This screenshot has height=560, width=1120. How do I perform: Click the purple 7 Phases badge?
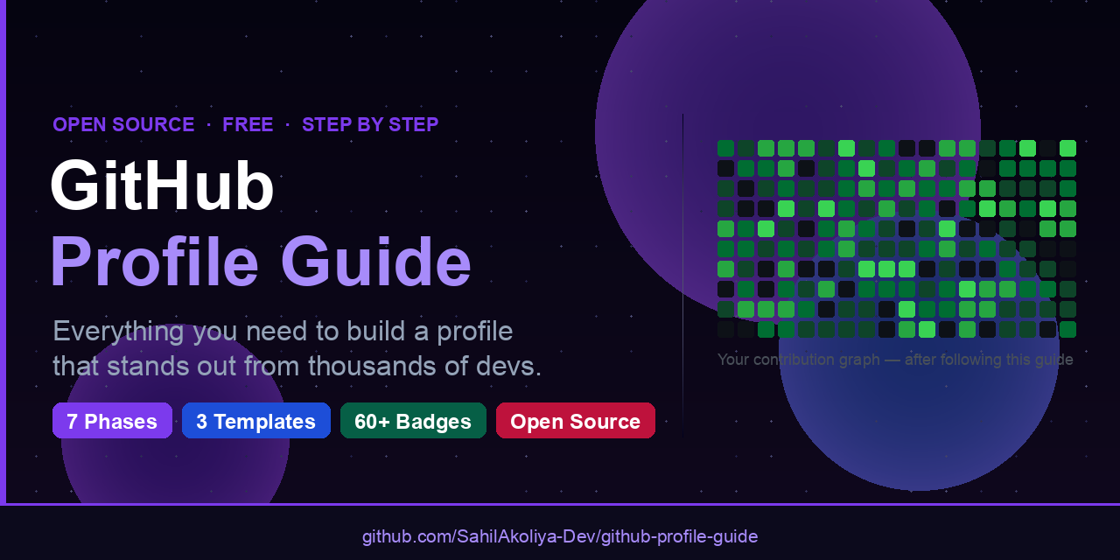(112, 421)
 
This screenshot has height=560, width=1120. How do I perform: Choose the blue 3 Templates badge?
(255, 421)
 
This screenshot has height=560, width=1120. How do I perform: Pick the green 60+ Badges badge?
(413, 421)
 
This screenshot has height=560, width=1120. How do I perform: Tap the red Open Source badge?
(575, 421)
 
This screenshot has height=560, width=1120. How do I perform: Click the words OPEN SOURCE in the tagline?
(123, 124)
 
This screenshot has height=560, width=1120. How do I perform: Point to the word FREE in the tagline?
(248, 124)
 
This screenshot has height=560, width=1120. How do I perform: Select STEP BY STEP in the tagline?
(370, 124)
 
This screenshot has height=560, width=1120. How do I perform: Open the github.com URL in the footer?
(560, 536)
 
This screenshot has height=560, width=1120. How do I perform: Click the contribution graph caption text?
(895, 360)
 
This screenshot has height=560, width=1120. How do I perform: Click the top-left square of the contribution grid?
(725, 148)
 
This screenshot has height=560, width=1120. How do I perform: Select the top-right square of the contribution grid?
(1067, 148)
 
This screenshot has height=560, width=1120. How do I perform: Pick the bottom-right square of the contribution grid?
(1067, 329)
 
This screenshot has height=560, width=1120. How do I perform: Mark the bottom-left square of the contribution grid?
(725, 329)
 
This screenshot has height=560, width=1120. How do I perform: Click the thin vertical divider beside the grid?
(682, 262)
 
